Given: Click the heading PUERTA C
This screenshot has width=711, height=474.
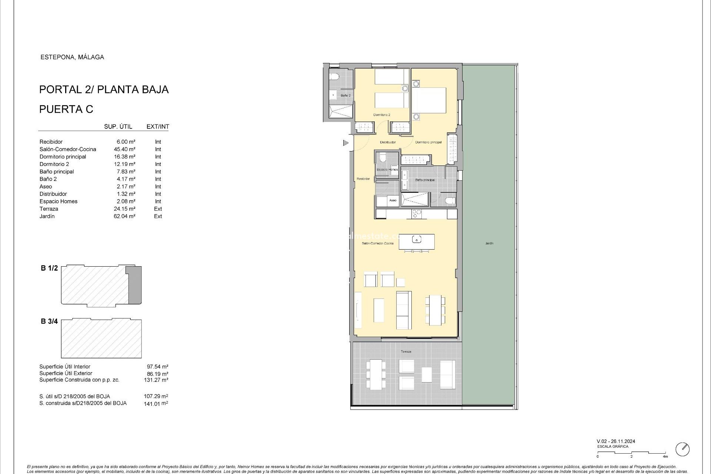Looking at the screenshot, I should click(x=66, y=109).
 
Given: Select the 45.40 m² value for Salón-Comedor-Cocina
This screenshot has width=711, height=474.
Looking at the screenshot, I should click(x=124, y=149).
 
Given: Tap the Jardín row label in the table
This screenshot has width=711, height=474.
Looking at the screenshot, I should click(x=47, y=216).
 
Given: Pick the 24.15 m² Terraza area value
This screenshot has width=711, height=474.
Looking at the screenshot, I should click(x=124, y=209).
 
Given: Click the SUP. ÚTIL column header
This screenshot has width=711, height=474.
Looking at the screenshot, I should click(x=118, y=127).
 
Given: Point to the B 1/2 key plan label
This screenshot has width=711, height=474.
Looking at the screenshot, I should click(x=49, y=268).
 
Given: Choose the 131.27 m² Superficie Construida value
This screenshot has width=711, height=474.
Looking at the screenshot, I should click(x=156, y=380).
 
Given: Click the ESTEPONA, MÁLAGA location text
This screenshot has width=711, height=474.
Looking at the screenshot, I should click(x=72, y=57).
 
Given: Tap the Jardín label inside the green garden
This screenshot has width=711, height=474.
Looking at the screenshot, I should click(x=489, y=243).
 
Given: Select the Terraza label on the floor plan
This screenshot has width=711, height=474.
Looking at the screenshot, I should click(x=406, y=351).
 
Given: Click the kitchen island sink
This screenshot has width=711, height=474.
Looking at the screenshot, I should click(x=417, y=240).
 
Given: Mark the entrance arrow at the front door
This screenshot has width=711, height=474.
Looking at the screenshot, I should click(x=346, y=143).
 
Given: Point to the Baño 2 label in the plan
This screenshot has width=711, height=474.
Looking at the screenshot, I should click(x=346, y=96).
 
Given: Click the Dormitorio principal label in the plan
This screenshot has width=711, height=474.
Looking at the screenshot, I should click(x=428, y=142).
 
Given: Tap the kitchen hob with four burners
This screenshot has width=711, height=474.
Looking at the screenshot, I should click(x=417, y=214).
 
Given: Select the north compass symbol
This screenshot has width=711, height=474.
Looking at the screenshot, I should click(x=682, y=449).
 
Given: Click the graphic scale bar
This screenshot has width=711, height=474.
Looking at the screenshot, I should click(x=631, y=453).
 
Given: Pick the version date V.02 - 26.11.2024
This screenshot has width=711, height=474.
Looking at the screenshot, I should click(x=616, y=441).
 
